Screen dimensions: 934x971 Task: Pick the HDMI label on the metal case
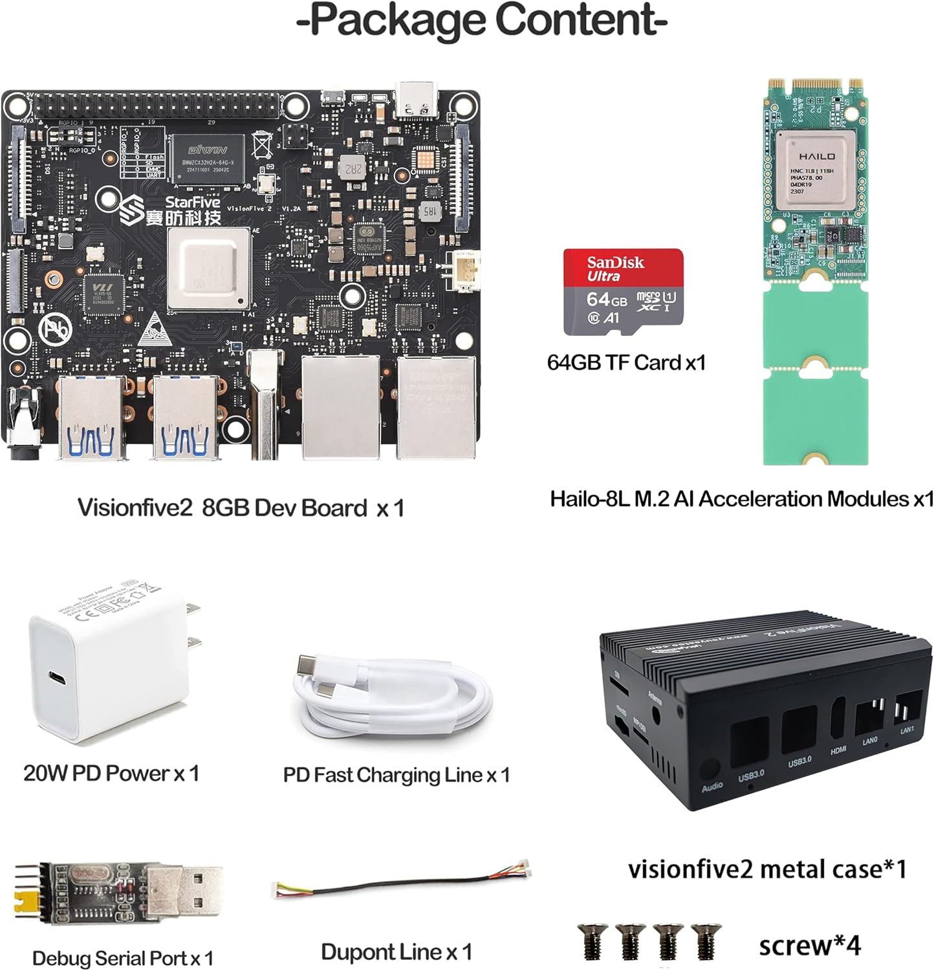[838, 750]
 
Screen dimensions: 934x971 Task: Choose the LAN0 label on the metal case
[869, 740]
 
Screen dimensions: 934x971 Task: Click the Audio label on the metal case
[712, 787]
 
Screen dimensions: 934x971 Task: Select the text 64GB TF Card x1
[625, 363]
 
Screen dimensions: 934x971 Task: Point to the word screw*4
[809, 946]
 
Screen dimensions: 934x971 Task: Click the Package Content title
[482, 21]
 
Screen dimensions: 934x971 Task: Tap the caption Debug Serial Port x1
[122, 958]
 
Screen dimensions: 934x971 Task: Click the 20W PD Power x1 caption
[111, 773]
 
